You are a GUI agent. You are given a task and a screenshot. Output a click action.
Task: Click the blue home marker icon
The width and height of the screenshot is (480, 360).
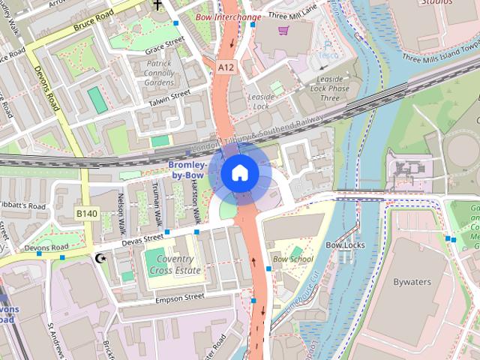(239, 173)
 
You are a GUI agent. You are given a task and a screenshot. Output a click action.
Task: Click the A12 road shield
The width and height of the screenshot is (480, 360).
(226, 67)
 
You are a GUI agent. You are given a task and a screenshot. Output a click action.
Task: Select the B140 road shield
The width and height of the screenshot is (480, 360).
(87, 214)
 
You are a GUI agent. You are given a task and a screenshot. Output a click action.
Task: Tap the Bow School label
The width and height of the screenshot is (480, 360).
(293, 259)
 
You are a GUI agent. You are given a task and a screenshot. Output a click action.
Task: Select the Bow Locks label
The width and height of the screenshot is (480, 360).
(344, 245)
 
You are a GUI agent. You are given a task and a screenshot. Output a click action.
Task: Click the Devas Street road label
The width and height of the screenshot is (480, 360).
(142, 238)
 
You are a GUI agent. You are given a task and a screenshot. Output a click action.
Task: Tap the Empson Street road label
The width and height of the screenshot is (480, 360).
(179, 297)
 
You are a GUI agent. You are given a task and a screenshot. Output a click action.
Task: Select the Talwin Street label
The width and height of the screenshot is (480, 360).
(169, 97)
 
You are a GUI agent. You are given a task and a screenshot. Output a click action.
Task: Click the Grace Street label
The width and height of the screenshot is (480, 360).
(165, 44)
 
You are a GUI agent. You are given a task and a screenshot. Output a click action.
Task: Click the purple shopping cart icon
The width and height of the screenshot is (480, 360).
(283, 31)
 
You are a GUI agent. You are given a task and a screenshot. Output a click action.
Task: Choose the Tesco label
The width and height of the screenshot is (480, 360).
(328, 54)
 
